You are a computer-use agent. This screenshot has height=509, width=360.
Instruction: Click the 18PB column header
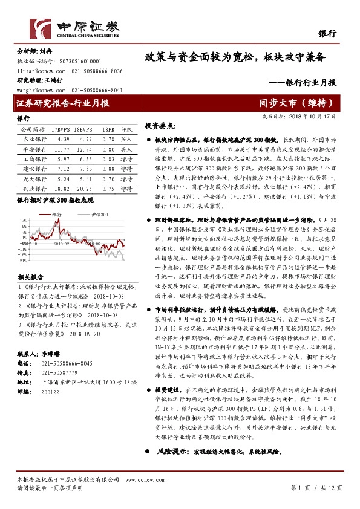pos(108,129)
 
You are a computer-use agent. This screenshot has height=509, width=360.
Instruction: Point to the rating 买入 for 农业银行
pos(126,139)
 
